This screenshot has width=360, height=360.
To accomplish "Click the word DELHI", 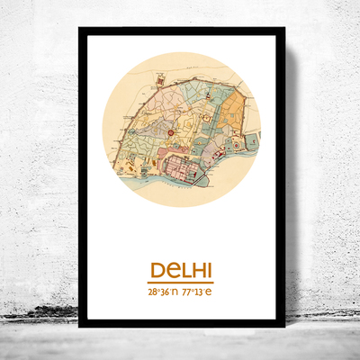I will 181,270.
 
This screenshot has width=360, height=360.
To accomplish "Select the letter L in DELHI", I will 183,270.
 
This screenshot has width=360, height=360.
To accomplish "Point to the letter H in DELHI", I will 197,270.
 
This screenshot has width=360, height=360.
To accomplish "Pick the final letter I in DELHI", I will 209,270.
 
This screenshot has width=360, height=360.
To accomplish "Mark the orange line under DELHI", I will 181,281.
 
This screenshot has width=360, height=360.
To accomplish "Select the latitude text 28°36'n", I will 164,292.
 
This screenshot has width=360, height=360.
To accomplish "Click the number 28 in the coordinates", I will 153,292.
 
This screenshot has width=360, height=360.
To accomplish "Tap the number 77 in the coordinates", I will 186,292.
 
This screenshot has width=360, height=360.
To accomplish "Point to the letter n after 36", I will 175,292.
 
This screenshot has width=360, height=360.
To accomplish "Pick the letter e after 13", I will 210,292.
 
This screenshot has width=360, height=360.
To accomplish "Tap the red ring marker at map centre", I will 172,134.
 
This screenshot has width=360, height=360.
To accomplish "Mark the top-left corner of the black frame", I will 80,30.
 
